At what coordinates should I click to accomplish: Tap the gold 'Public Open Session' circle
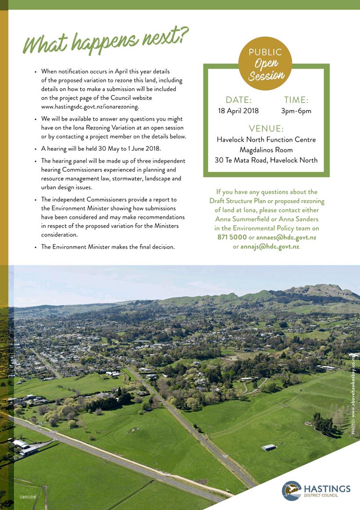[265, 64]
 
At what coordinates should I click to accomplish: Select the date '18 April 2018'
[238, 111]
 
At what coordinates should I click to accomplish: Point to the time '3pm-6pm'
[296, 111]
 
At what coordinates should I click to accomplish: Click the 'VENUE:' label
[266, 129]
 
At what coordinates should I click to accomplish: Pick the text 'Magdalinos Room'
[266, 150]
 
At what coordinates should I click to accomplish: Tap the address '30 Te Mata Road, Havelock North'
[266, 160]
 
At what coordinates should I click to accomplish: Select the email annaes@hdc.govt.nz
[286, 237]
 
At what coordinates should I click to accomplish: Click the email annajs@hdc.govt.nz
[270, 247]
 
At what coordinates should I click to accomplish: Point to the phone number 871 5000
[232, 237]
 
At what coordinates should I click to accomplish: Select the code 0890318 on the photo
[28, 497]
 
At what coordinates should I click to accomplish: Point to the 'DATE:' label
[238, 100]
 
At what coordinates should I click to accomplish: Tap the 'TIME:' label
[296, 100]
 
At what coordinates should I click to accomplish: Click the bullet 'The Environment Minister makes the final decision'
[108, 247]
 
